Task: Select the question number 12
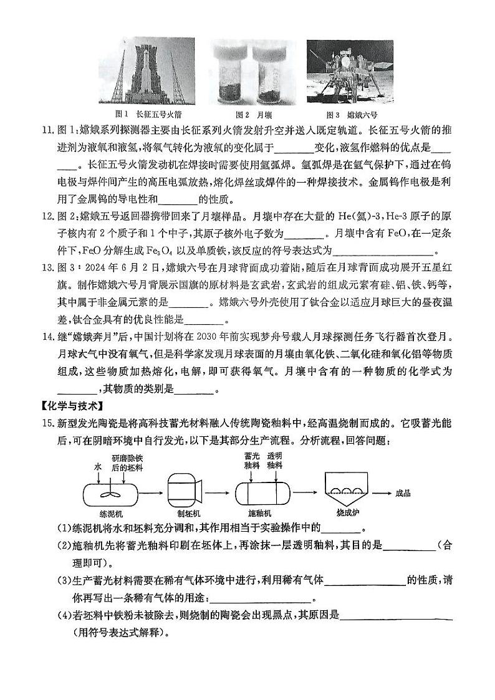pos(48,216)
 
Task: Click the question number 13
pos(48,269)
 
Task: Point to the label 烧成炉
pos(348,512)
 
